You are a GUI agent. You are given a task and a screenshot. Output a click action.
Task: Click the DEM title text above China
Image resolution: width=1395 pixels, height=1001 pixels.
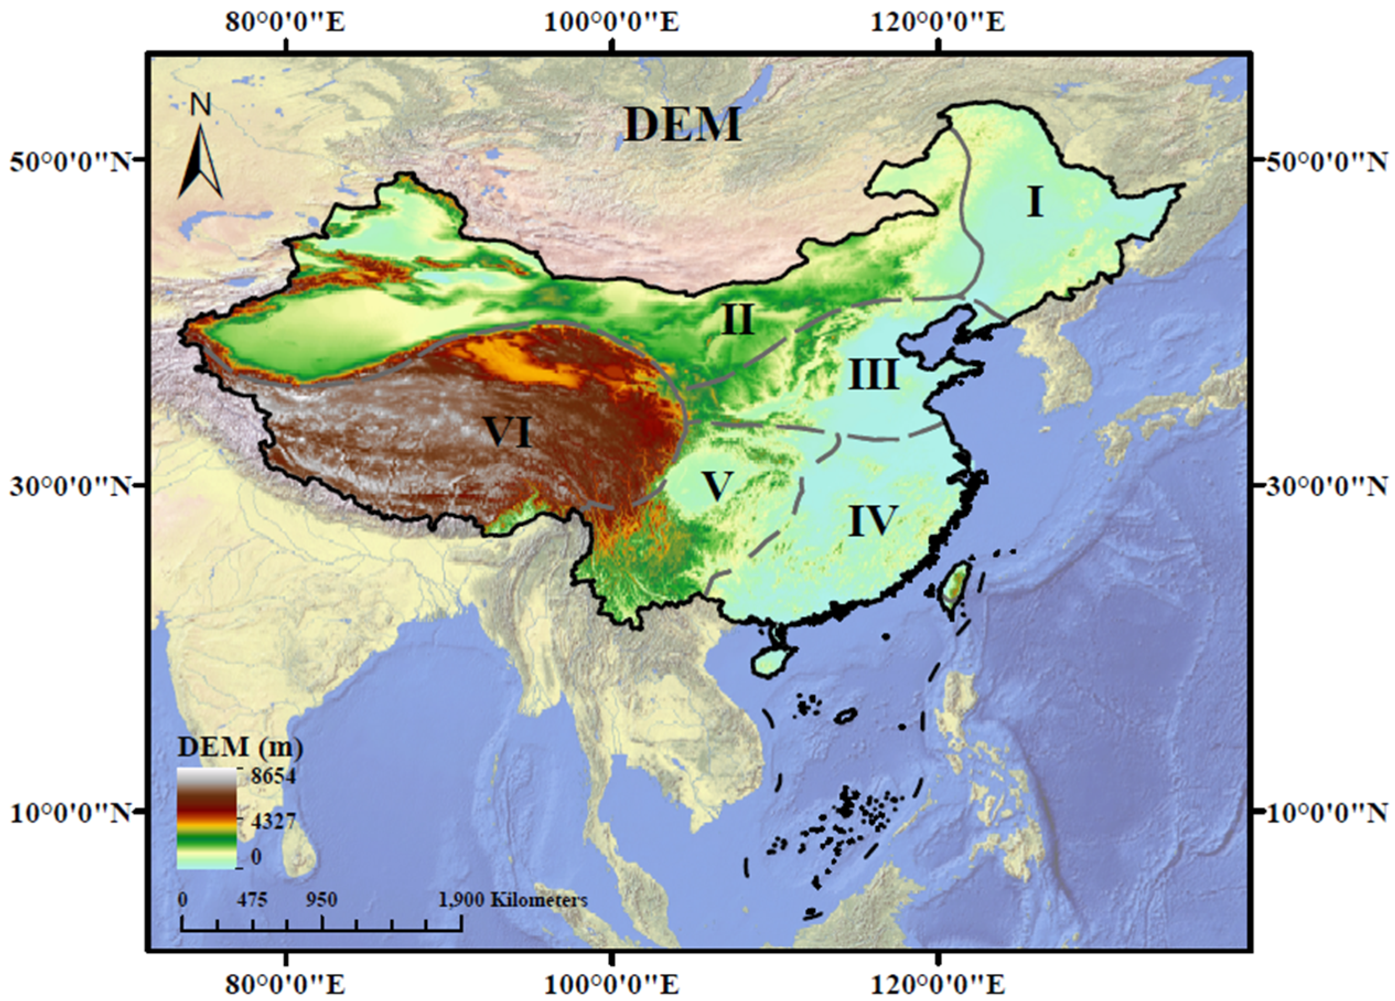click(x=683, y=125)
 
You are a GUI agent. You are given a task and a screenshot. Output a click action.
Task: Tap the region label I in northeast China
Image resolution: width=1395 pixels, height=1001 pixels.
click(x=1035, y=202)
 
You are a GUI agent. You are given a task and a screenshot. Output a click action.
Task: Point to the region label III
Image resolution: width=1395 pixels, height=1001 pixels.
click(x=874, y=375)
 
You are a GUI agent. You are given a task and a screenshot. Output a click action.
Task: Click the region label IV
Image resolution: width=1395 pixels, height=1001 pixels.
click(x=874, y=520)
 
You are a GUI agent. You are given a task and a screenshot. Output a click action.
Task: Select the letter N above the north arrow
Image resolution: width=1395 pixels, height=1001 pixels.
click(x=201, y=105)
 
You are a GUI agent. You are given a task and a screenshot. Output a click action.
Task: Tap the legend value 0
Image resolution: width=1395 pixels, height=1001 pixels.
click(x=256, y=857)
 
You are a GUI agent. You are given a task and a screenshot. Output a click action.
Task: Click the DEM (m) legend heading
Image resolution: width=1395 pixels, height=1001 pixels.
click(x=240, y=747)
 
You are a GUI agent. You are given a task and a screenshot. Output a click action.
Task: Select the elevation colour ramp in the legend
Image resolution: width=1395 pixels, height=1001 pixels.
click(x=207, y=818)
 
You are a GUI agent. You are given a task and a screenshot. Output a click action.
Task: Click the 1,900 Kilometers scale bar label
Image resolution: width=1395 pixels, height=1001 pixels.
click(x=513, y=900)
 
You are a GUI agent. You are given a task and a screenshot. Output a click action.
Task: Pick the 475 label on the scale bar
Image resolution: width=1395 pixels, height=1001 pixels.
click(x=252, y=900)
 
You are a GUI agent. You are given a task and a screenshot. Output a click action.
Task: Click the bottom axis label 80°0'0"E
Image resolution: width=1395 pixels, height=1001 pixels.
click(x=286, y=985)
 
